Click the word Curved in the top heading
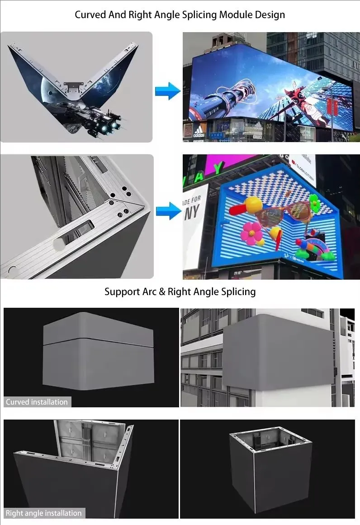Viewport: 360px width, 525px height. [x=90, y=14]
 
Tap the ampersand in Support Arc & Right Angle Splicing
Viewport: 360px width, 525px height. [x=162, y=291]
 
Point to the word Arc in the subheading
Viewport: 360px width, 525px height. [x=147, y=291]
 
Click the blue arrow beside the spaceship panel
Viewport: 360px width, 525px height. [x=167, y=91]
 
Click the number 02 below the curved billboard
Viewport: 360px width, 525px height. [x=269, y=125]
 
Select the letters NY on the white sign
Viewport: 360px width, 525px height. [x=191, y=213]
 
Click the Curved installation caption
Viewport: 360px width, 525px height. [x=37, y=402]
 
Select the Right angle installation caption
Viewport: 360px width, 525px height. [x=44, y=513]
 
